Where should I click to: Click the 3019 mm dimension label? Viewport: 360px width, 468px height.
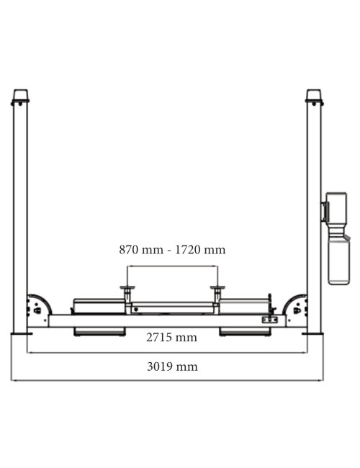click(x=172, y=366)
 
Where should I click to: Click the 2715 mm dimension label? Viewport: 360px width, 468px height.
click(x=171, y=338)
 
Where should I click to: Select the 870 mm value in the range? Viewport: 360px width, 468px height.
click(x=141, y=250)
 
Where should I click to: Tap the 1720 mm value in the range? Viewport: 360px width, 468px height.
click(x=200, y=250)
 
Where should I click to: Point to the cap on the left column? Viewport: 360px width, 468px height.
click(x=21, y=96)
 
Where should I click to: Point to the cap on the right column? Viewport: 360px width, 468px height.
click(x=314, y=96)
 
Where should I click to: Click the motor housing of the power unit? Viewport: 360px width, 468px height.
click(x=336, y=207)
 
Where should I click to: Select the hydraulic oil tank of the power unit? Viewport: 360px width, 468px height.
click(x=338, y=259)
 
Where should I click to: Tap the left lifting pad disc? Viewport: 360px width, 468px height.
click(x=127, y=288)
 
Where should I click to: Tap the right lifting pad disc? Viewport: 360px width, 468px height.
click(x=217, y=288)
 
